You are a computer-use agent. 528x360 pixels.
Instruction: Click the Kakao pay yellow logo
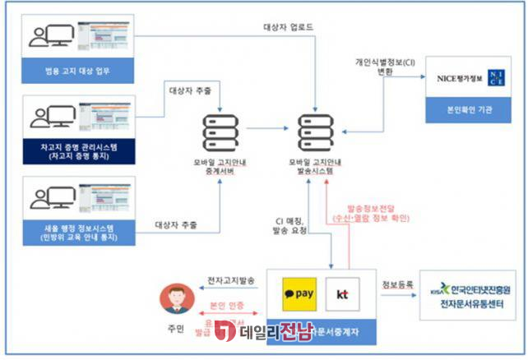pos(299,291)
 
